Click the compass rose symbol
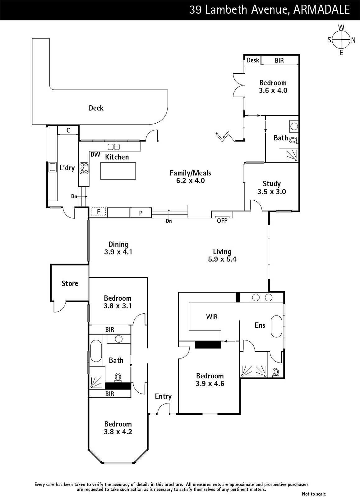tap(341, 40)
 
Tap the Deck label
tap(96, 108)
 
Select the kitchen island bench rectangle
tap(118, 171)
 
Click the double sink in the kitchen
tap(114, 147)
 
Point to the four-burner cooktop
tap(84, 168)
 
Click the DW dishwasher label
tap(95, 154)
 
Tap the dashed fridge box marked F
tap(98, 212)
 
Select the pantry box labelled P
tap(141, 213)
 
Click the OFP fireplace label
tap(222, 221)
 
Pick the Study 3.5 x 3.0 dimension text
tap(272, 191)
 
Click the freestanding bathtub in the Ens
tap(276, 326)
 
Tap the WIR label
tap(212, 317)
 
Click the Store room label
tap(70, 283)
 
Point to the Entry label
tap(163, 396)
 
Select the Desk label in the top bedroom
tap(253, 60)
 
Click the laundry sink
tap(53, 167)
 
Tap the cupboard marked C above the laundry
tap(68, 130)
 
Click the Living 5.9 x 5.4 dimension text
tap(222, 259)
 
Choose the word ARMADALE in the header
tap(321, 10)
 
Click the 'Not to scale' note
tap(314, 494)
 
